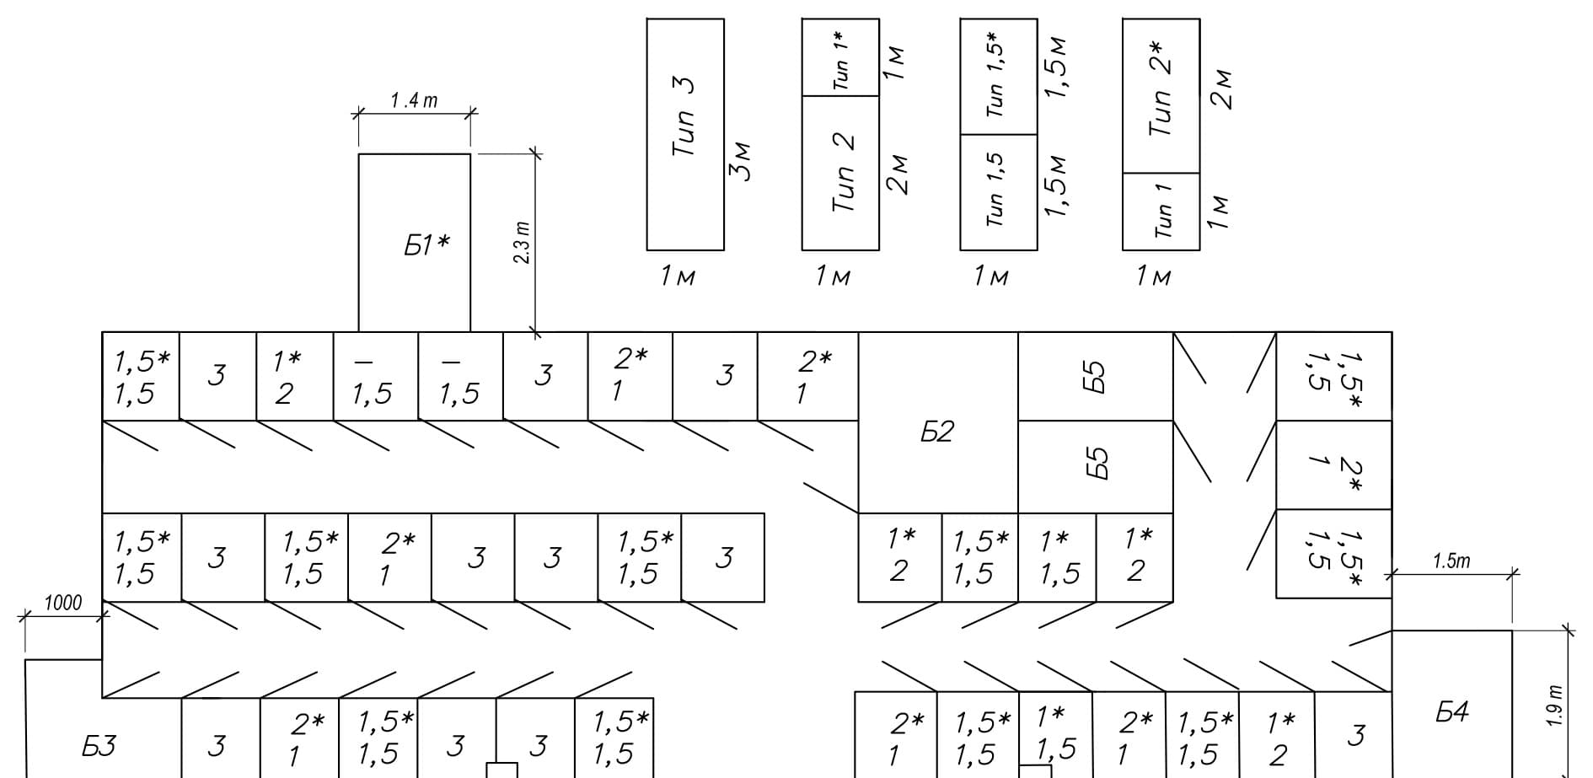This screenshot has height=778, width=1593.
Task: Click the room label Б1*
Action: click(426, 245)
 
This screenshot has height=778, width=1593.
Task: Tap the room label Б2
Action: click(936, 432)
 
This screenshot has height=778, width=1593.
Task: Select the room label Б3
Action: click(99, 745)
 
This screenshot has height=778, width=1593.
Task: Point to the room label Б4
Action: click(1452, 712)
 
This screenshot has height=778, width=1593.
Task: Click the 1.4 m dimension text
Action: click(414, 100)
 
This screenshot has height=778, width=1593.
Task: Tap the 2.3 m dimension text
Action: click(522, 243)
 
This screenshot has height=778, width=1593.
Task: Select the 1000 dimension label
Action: click(63, 603)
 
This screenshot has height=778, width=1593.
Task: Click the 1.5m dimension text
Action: click(1451, 561)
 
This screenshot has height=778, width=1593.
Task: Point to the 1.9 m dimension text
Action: click(1556, 706)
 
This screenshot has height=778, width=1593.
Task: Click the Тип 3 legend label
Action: click(684, 116)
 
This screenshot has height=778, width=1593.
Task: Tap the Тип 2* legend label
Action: click(1161, 89)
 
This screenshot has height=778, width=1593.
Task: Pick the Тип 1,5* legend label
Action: click(995, 74)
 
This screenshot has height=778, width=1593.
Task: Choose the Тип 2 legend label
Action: click(843, 172)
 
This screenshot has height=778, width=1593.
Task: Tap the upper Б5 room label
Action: click(1095, 377)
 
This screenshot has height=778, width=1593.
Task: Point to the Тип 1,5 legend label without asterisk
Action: click(995, 190)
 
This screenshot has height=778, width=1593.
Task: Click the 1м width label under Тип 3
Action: click(678, 276)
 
